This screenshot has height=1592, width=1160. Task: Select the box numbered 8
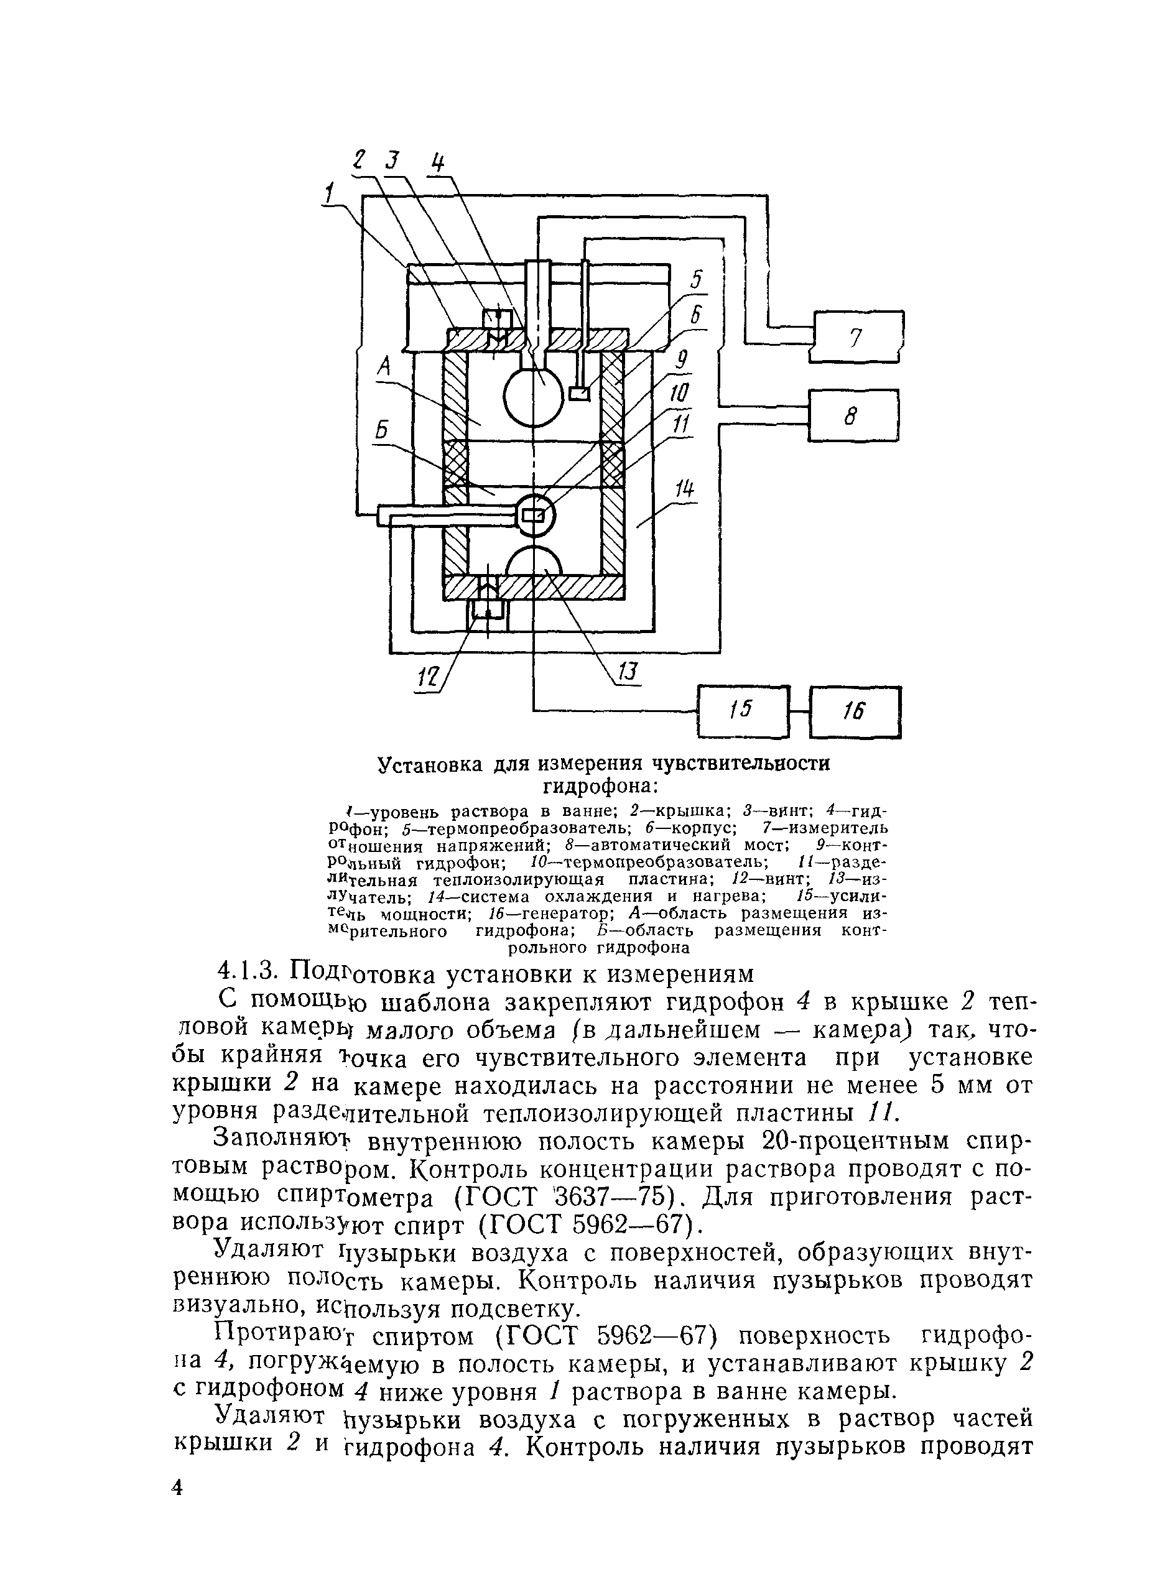click(x=853, y=415)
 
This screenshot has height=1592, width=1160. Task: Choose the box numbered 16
click(x=855, y=711)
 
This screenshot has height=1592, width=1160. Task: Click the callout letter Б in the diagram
click(x=382, y=430)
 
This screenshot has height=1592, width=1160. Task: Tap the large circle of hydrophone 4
click(x=534, y=397)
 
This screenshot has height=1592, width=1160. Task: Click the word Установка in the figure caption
click(x=430, y=764)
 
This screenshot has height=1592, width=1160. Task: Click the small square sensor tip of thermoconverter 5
click(x=579, y=394)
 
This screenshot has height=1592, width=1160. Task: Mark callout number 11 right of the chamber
click(x=682, y=426)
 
